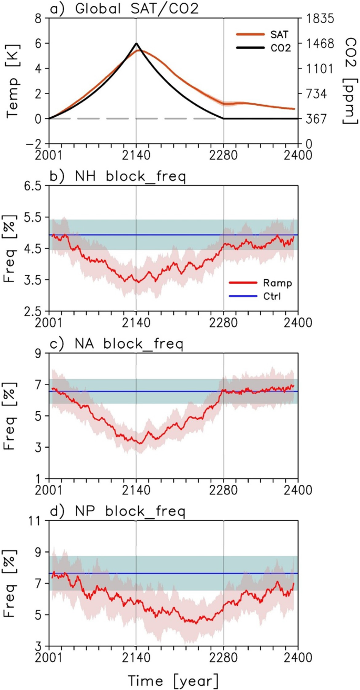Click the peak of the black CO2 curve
tap(136, 44)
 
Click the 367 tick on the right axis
tap(314, 119)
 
